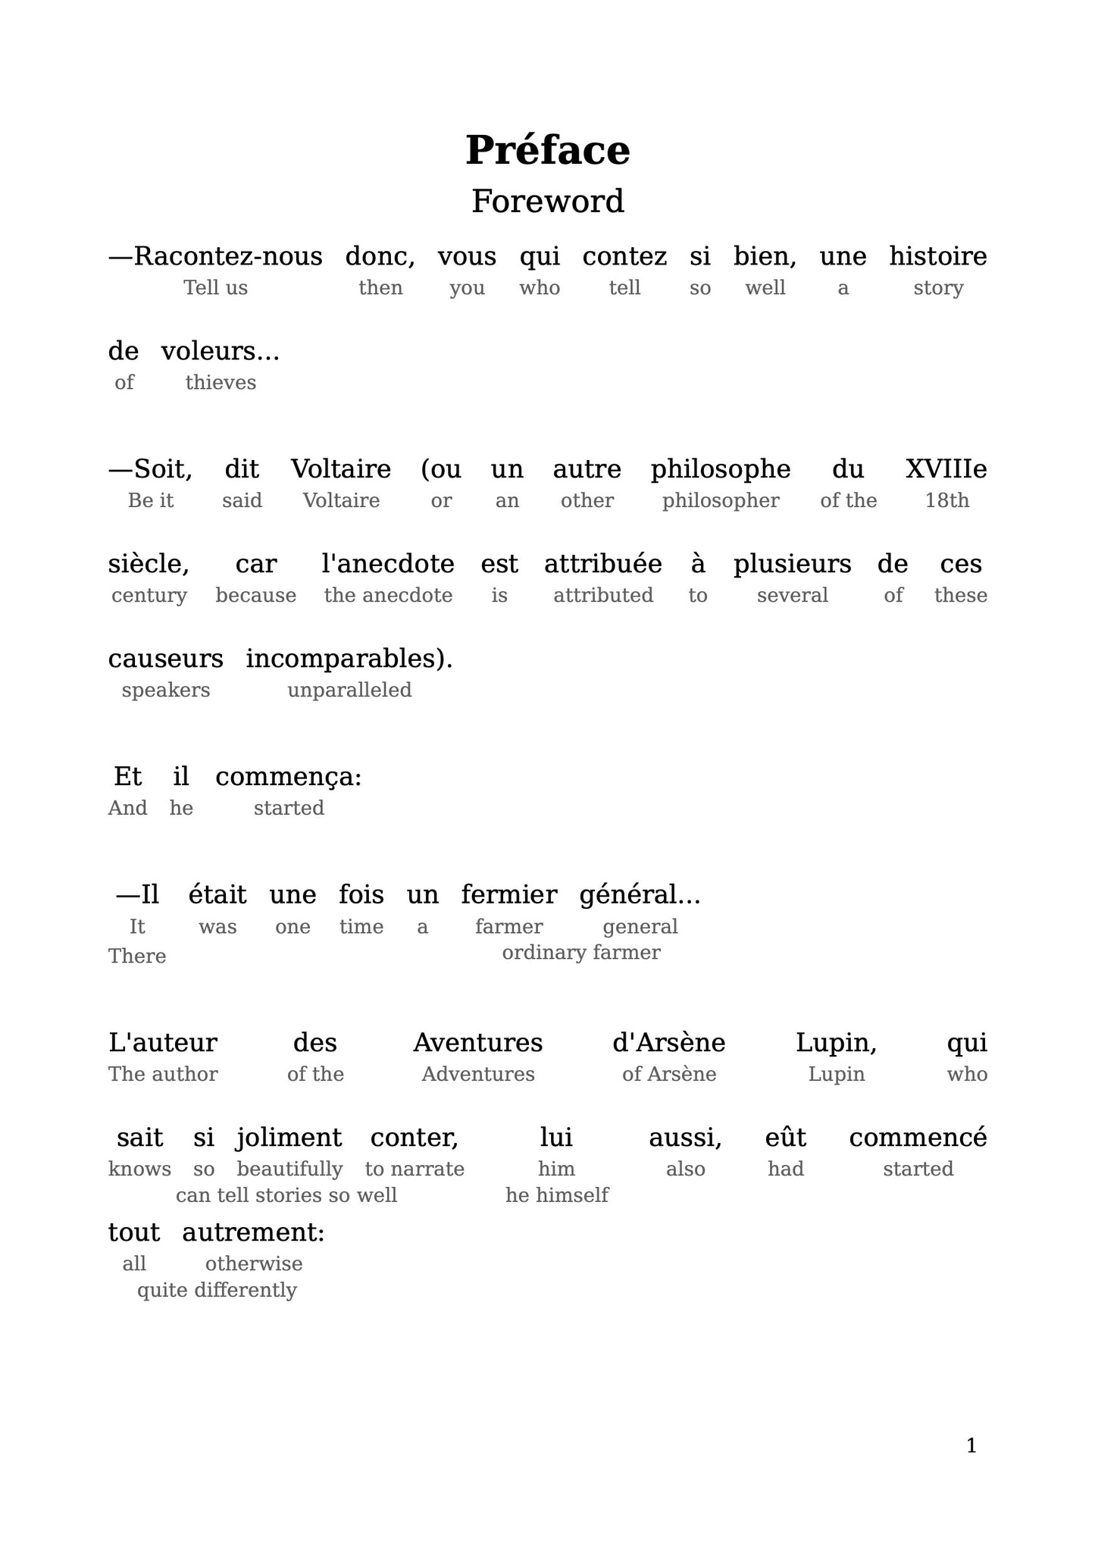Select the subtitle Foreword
pos(547,202)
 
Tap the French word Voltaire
pos(341,470)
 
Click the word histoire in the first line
pos(937,257)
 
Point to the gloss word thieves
pos(221,383)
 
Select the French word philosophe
pos(720,470)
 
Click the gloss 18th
pos(946,501)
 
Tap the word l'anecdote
pos(388,565)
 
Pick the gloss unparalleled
pos(349,690)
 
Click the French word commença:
pos(288,778)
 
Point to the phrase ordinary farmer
pos(580,953)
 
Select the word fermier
pos(508,896)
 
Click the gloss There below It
pos(137,956)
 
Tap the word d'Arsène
pos(668,1044)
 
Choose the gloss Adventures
pos(477,1075)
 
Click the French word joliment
pos(289,1138)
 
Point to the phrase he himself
pos(556,1196)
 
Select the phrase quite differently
pos(217,1291)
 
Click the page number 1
pos(971,1447)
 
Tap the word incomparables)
pos(349,659)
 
